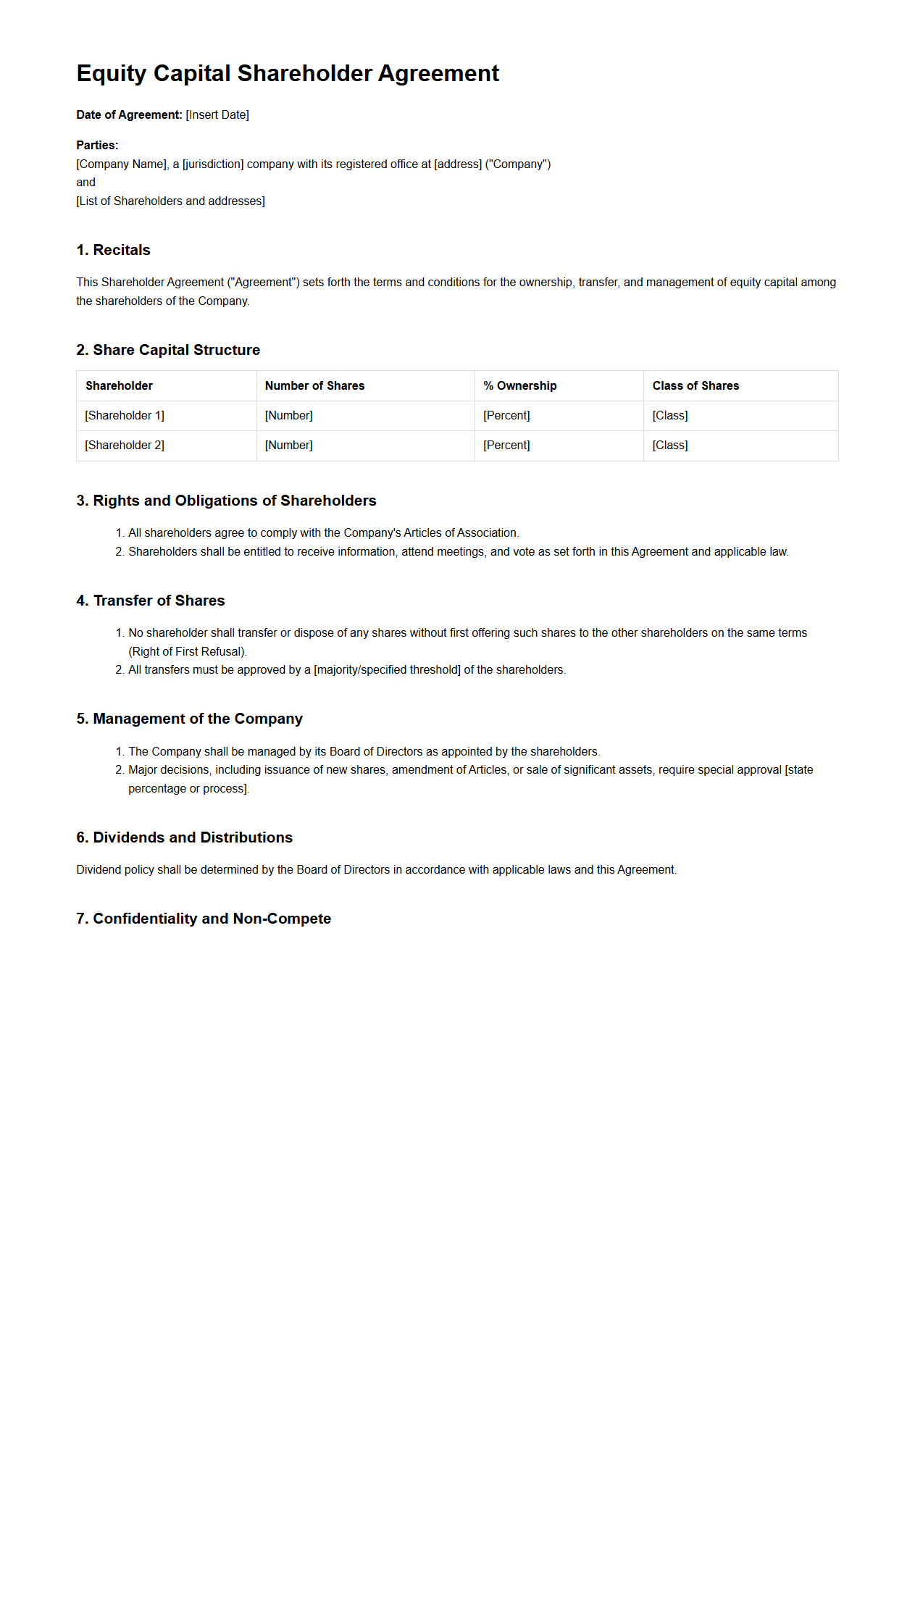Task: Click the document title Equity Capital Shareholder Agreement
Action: coord(288,73)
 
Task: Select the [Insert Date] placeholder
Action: coord(217,115)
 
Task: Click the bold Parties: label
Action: coord(97,146)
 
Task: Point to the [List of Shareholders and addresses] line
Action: coord(170,201)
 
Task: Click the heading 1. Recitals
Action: coord(113,250)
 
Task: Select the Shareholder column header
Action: coord(119,386)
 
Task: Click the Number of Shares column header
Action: coord(314,386)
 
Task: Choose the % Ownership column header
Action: coord(520,386)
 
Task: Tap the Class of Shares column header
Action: coord(695,386)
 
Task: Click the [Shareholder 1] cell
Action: coord(125,416)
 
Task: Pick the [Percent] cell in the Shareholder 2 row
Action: coord(506,446)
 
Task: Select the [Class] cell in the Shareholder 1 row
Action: coord(670,416)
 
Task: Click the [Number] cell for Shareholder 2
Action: coord(289,446)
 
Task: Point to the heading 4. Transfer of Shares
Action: coord(151,601)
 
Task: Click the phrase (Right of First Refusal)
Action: coord(187,652)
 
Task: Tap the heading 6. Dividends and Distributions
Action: coord(184,837)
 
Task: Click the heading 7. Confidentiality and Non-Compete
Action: coord(204,919)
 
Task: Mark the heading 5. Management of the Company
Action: coord(189,719)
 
